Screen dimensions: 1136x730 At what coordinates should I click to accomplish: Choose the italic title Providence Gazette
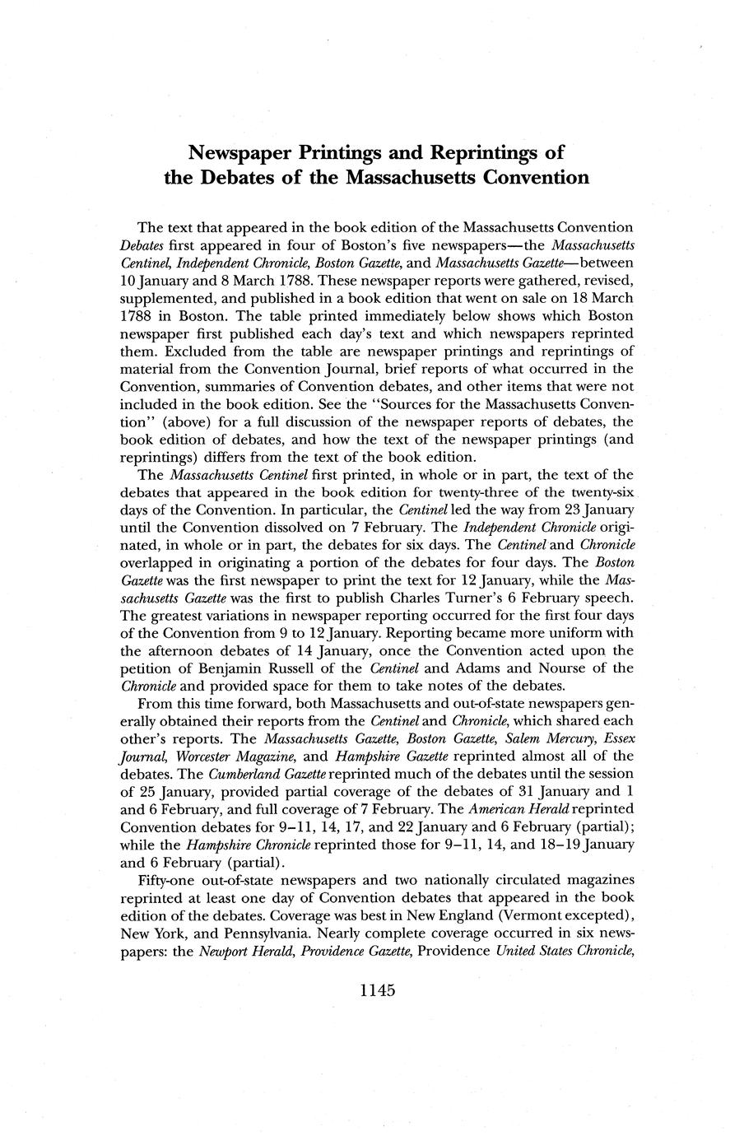point(349,951)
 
